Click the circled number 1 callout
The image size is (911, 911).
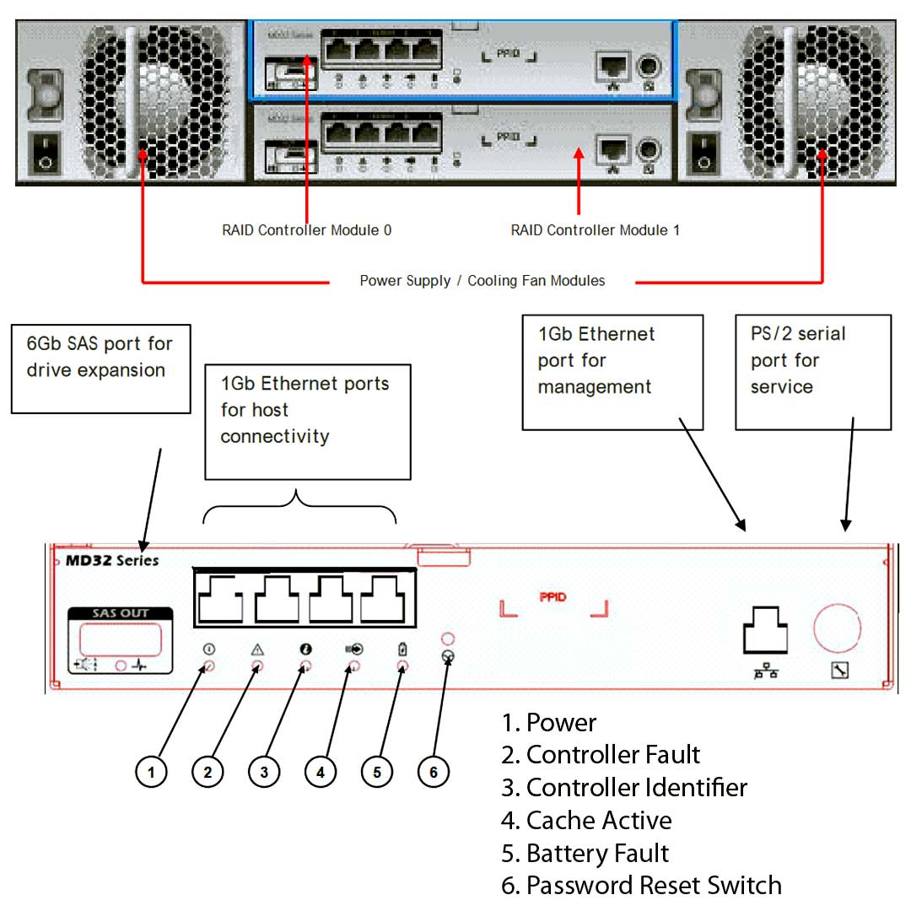point(151,771)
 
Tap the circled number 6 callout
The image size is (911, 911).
point(434,771)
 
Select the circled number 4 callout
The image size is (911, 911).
point(321,771)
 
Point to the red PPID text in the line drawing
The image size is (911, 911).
point(553,598)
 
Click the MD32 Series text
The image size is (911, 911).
point(106,561)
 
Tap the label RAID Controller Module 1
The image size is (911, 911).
point(595,229)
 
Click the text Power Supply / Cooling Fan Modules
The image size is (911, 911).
point(482,281)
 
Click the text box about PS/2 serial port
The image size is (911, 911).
point(812,371)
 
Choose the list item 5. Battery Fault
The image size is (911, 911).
point(585,853)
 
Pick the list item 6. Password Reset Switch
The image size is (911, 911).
point(641,886)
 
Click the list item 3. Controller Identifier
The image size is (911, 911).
point(624,788)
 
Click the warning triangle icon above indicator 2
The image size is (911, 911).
point(257,650)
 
